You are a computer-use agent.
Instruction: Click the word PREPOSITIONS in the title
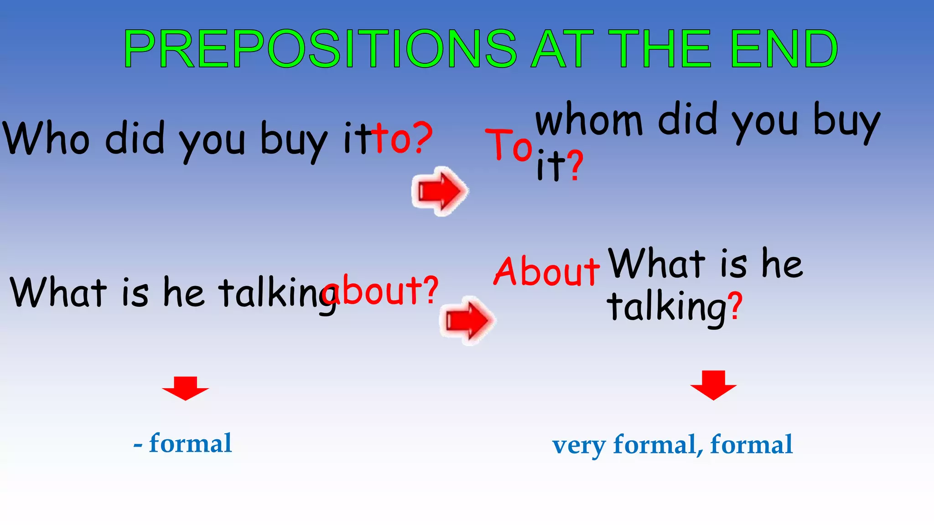(319, 49)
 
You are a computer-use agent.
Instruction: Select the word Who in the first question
(46, 138)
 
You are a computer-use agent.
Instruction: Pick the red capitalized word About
(546, 272)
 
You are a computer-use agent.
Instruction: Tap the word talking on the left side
(278, 294)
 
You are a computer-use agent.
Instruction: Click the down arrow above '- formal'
(185, 388)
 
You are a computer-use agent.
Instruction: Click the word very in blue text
(578, 446)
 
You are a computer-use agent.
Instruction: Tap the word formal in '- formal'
(190, 443)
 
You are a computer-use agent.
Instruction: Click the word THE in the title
(659, 49)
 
